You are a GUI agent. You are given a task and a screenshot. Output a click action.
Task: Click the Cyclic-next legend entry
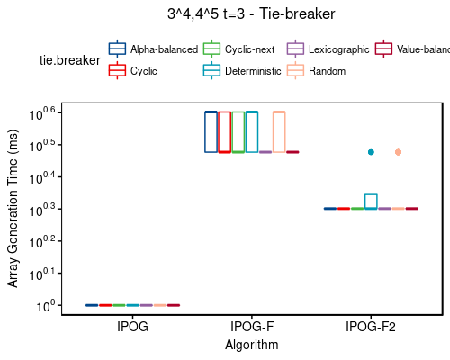(241, 49)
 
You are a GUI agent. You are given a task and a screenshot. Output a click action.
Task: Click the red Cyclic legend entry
(134, 69)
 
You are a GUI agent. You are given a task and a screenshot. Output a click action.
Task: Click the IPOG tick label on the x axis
(132, 328)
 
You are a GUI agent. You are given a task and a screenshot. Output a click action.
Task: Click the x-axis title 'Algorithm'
(252, 345)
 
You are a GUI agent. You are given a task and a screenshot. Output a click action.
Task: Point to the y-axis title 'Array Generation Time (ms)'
(13, 209)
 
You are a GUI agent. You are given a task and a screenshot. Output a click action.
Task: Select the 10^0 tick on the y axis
(45, 307)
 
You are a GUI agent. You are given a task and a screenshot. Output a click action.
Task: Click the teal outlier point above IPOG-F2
(371, 152)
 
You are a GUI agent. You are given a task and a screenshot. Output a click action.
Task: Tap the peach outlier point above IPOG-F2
(398, 152)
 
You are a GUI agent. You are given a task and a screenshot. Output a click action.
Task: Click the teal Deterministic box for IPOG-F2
(371, 202)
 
